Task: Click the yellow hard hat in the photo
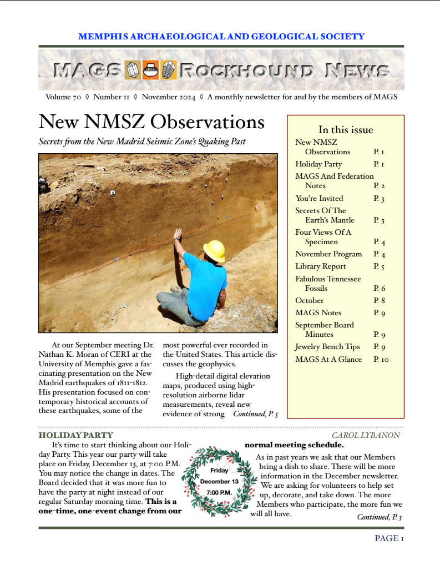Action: pos(214,250)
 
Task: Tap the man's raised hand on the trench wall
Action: pos(178,234)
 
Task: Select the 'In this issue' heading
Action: pos(345,130)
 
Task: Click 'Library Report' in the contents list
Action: pos(321,266)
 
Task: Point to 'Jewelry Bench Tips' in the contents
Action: pos(327,347)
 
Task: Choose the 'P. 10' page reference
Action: pos(381,360)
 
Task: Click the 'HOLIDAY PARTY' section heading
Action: pos(76,435)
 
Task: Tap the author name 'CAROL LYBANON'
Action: pos(366,435)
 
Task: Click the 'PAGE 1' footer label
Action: pos(389,538)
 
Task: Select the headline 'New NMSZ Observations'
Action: pos(151,122)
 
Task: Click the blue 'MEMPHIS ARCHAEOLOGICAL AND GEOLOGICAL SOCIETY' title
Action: pos(221,37)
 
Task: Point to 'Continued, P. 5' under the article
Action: pos(255,414)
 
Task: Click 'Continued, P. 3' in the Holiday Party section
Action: pos(379,517)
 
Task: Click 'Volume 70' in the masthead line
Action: pos(63,97)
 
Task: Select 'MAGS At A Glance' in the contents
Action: pos(328,360)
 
